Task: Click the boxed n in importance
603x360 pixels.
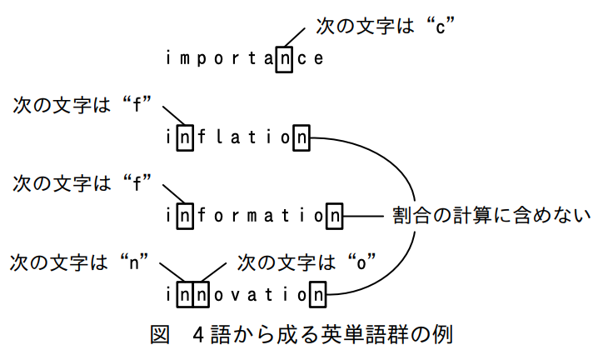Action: pos(284,60)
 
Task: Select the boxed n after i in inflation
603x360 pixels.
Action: pos(185,137)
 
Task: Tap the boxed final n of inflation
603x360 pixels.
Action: pos(301,137)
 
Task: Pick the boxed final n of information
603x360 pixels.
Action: pos(335,216)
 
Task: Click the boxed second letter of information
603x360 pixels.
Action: pos(185,216)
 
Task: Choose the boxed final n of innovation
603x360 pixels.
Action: pos(318,295)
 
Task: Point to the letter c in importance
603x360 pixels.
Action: pos(301,59)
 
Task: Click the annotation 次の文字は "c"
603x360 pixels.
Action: pos(386,26)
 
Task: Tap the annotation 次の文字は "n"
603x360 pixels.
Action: pos(79,262)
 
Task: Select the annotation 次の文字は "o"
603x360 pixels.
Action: pos(306,262)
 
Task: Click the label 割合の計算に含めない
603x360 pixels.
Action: pos(491,215)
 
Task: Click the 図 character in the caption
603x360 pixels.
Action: pos(160,335)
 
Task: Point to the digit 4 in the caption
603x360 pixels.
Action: pos(197,335)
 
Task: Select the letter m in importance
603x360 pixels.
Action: pos(185,59)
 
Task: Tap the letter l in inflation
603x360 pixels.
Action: pos(218,137)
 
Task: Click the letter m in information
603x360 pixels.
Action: pos(252,216)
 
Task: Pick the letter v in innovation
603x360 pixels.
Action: pos(235,295)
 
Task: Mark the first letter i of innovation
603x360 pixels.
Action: pos(168,294)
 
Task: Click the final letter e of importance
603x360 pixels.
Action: pos(318,59)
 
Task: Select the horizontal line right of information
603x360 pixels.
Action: pos(363,216)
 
